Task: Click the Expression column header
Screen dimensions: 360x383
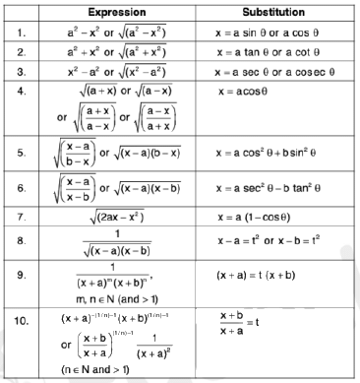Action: pos(123,11)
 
